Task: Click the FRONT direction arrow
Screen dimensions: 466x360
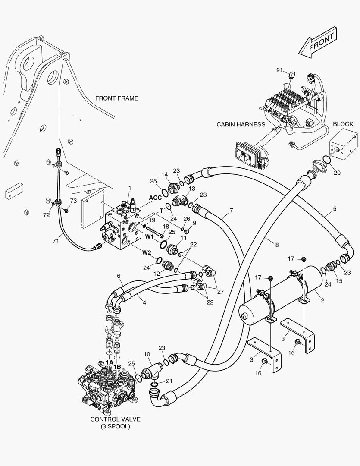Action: pyautogui.click(x=317, y=44)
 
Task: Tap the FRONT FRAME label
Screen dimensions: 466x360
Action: pyautogui.click(x=116, y=98)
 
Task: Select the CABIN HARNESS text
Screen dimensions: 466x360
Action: pyautogui.click(x=241, y=125)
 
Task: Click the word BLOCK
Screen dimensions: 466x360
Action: pyautogui.click(x=343, y=124)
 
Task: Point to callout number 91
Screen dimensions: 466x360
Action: pyautogui.click(x=279, y=69)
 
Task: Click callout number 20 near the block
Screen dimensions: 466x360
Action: pyautogui.click(x=337, y=173)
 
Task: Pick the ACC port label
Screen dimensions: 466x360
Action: pyautogui.click(x=155, y=197)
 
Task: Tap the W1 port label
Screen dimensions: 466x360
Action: pyautogui.click(x=149, y=236)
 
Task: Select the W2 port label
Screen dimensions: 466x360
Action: pyautogui.click(x=147, y=253)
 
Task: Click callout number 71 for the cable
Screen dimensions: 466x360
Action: pyautogui.click(x=56, y=241)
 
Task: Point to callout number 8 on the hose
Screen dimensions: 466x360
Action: pyautogui.click(x=277, y=245)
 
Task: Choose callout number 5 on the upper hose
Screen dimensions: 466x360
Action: pyautogui.click(x=335, y=211)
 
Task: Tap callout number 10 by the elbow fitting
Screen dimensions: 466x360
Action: pyautogui.click(x=147, y=355)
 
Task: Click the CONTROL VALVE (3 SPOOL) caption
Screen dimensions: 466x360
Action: pyautogui.click(x=115, y=422)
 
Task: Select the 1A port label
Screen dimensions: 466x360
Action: pyautogui.click(x=109, y=362)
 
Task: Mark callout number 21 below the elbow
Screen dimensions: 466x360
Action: pyautogui.click(x=169, y=381)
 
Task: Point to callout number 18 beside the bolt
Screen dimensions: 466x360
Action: pyautogui.click(x=166, y=227)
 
